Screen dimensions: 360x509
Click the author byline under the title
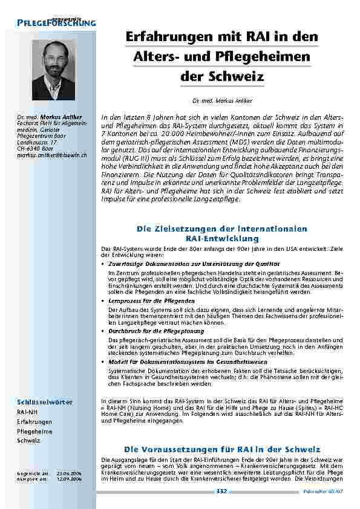pyautogui.click(x=222, y=100)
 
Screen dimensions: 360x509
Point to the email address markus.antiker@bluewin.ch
pyautogui.click(x=51, y=155)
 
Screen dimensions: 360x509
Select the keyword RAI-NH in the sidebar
pyautogui.click(x=27, y=411)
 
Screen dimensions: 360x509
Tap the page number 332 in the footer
pyautogui.click(x=221, y=491)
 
